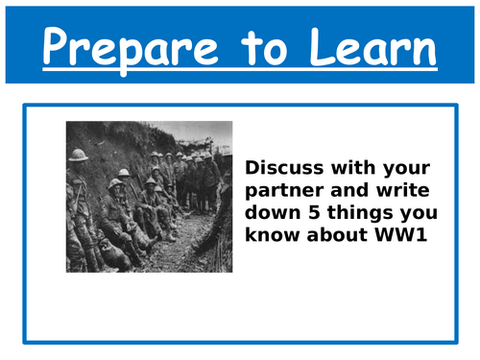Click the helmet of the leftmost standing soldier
tap(78, 155)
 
